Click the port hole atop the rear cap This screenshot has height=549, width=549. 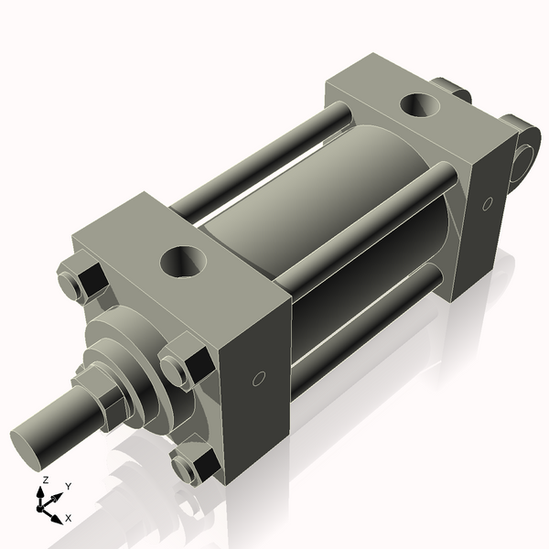point(424,104)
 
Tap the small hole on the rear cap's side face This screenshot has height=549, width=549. point(488,202)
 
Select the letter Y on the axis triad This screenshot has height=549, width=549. point(68,486)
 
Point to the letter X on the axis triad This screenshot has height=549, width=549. point(68,518)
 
